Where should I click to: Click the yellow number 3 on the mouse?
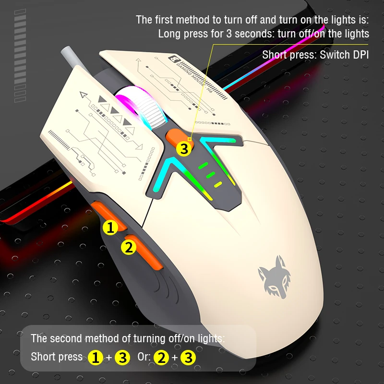(x=183, y=149)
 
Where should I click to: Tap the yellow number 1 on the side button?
(x=111, y=228)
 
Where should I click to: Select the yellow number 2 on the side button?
(x=128, y=248)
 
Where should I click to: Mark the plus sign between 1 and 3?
(x=110, y=358)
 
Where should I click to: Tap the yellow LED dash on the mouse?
(x=218, y=184)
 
